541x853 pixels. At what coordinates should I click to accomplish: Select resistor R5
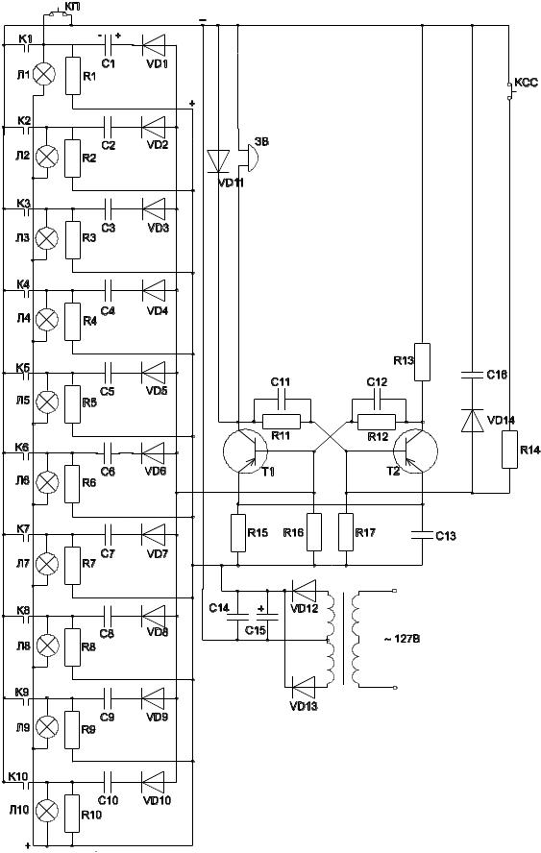(x=72, y=404)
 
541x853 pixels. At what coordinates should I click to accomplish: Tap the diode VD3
(x=153, y=208)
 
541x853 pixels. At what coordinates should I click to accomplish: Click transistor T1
(x=245, y=451)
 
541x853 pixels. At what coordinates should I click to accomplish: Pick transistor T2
(x=415, y=451)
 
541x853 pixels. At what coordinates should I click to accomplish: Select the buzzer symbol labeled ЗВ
(x=248, y=157)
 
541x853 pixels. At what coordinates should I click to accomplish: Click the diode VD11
(x=218, y=161)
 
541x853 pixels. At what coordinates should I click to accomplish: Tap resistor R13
(x=423, y=362)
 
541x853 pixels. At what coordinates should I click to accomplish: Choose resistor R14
(x=509, y=449)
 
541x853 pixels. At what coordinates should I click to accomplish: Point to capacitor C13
(x=423, y=534)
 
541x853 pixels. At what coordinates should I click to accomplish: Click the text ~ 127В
(x=402, y=639)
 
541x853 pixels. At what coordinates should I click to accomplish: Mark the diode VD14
(x=472, y=421)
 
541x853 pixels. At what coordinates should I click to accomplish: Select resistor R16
(x=314, y=532)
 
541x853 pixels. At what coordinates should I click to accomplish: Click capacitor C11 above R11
(x=282, y=402)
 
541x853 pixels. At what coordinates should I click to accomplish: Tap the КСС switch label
(x=526, y=83)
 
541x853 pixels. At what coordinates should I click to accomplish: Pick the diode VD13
(x=304, y=687)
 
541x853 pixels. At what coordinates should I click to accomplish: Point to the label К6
(x=23, y=447)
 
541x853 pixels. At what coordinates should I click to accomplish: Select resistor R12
(x=377, y=422)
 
